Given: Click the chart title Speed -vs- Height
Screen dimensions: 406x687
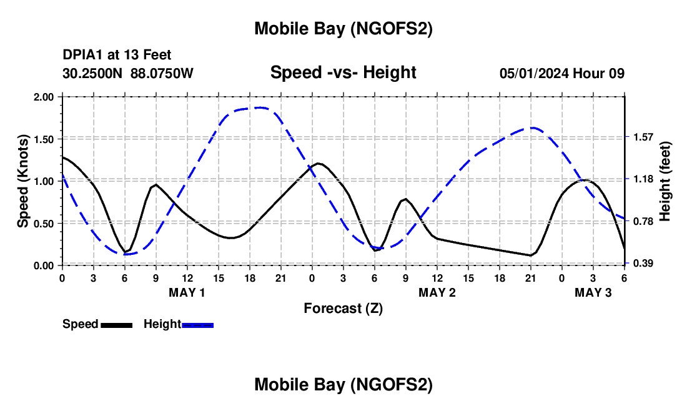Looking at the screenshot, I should pyautogui.click(x=343, y=72).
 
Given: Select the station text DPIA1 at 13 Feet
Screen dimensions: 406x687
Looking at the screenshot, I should pyautogui.click(x=117, y=55).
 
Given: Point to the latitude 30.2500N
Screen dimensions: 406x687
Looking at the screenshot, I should pyautogui.click(x=93, y=73).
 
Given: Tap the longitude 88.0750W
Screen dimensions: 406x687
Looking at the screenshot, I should pyautogui.click(x=162, y=73).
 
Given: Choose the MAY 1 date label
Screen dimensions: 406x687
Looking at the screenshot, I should pyautogui.click(x=187, y=292).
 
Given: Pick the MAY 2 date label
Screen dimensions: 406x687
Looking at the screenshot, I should pyautogui.click(x=437, y=292).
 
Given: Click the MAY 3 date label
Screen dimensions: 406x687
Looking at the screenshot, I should pyautogui.click(x=593, y=292).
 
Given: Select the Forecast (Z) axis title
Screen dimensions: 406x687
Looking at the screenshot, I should pyautogui.click(x=343, y=308).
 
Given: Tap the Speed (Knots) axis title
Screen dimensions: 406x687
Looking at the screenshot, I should pyautogui.click(x=23, y=181).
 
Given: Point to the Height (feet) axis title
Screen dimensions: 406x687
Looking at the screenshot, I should pyautogui.click(x=665, y=181).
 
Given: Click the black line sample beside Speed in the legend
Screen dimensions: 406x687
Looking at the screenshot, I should pyautogui.click(x=117, y=325).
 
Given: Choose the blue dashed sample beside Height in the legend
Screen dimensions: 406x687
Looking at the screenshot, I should pyautogui.click(x=197, y=325).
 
